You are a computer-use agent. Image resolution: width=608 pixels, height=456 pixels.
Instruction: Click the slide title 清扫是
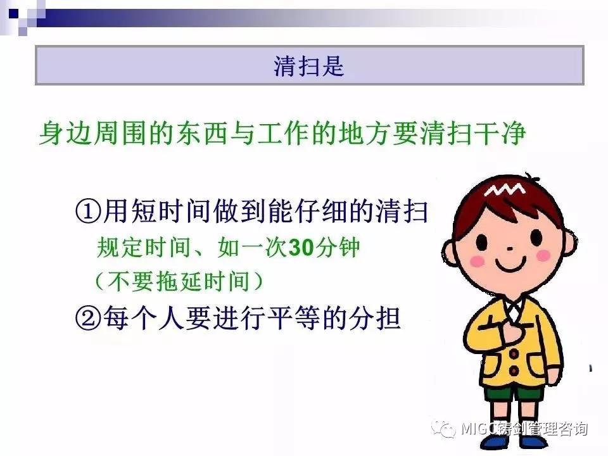pos(309,65)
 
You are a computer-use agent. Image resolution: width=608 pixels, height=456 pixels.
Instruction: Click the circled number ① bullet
pos(88,212)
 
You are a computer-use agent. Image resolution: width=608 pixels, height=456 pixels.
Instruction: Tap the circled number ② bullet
pos(88,319)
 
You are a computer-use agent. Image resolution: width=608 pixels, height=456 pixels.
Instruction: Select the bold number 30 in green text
pos(301,247)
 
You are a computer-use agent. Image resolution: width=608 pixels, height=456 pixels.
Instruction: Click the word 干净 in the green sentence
pos(500,134)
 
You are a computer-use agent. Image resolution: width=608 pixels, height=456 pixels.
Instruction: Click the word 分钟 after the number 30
pos(337,247)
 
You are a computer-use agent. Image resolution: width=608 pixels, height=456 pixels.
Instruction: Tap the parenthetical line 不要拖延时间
pos(179,281)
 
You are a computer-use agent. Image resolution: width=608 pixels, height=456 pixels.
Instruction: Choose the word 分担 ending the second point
pos(374,319)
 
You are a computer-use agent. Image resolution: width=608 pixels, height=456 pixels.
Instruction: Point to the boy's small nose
pos(510,248)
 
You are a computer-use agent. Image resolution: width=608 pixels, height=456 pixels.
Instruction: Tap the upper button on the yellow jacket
pos(514,353)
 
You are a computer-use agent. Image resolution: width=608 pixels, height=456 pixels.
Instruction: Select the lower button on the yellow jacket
pos(514,370)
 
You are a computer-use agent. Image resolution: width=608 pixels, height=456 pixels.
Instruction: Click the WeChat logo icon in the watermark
pos(443,429)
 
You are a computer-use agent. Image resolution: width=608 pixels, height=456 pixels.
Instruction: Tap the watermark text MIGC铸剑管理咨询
pos(524,429)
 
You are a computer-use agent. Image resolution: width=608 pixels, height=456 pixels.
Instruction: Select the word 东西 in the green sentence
pos(201,134)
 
